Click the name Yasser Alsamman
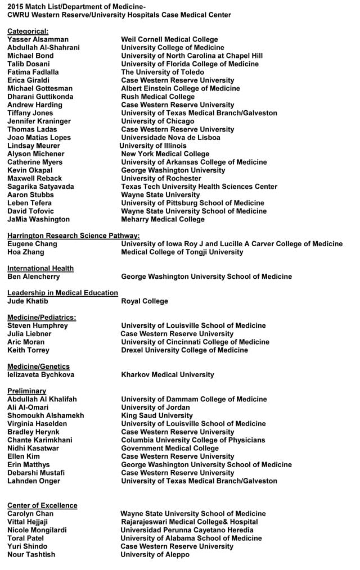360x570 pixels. (x=38, y=39)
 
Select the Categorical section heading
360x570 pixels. (x=28, y=31)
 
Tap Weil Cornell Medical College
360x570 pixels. (x=169, y=39)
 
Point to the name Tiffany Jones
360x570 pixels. (x=30, y=113)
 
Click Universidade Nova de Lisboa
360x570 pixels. (x=170, y=138)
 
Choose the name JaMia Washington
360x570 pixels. (x=38, y=219)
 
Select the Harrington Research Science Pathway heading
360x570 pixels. (x=73, y=236)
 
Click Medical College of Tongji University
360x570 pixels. (x=182, y=252)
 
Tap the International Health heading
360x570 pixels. (x=40, y=269)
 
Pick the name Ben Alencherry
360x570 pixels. (x=33, y=277)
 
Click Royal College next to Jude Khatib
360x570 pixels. (x=145, y=301)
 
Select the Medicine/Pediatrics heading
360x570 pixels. (x=41, y=318)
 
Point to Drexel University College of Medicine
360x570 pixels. (x=184, y=350)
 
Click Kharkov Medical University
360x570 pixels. (x=168, y=375)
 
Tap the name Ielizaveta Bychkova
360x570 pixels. (x=40, y=375)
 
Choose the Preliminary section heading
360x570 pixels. (x=26, y=391)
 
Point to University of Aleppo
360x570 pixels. (x=155, y=555)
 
